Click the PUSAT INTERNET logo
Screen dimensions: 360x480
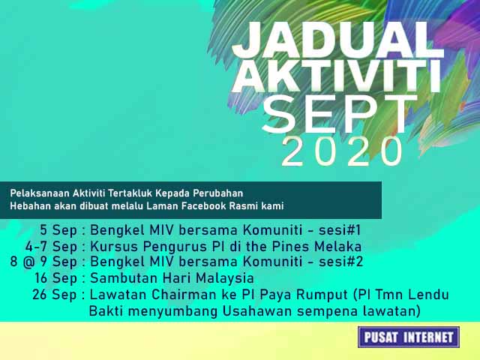coord(409,337)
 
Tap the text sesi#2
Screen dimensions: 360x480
coord(337,262)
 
